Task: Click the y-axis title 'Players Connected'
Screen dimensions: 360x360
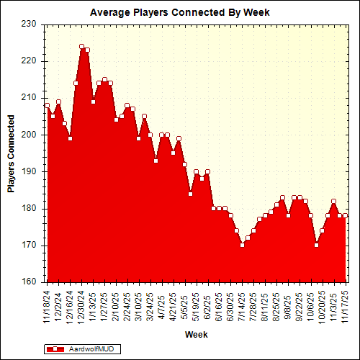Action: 11,153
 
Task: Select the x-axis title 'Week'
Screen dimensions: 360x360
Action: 196,334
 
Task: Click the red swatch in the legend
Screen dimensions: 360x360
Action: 55,348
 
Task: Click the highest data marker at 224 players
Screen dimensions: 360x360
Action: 81,46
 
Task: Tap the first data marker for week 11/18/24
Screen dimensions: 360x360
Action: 47,105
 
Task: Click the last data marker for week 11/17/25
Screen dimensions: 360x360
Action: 345,215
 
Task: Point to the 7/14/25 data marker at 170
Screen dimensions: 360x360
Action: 242,245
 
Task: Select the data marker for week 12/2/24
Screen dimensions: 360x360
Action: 58,102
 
